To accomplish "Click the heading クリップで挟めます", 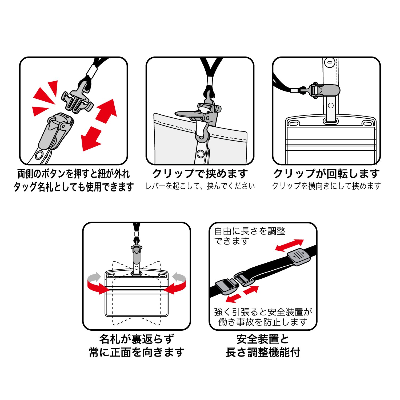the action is (200, 174).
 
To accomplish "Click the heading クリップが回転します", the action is (326, 174).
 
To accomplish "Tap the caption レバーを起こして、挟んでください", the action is (200, 186).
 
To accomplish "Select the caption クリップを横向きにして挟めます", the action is (326, 186).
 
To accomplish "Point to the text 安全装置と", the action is (263, 339).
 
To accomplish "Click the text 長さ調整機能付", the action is (263, 352).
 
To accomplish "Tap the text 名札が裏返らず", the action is (137, 339).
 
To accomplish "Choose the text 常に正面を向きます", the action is (137, 352).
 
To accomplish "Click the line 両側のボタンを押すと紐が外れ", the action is (73, 174).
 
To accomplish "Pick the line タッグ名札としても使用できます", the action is (73, 187).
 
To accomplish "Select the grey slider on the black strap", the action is (299, 257).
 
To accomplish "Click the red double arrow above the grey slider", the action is (289, 245).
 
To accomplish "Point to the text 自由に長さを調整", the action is (250, 231).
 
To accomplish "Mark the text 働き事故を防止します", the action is (263, 322).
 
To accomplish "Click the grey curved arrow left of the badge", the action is (94, 278).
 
